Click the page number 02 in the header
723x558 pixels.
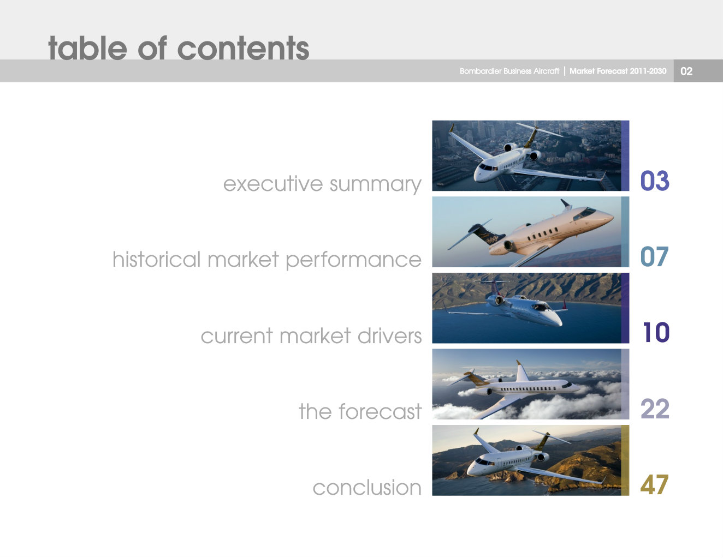coord(686,71)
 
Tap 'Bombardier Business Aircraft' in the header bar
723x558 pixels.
coord(509,71)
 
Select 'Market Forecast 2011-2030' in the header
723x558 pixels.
coord(618,71)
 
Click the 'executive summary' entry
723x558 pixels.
coord(322,184)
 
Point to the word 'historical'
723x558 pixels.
coord(156,259)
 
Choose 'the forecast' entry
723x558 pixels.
coord(360,411)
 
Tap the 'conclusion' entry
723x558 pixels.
coord(366,487)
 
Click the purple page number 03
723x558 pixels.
coord(654,181)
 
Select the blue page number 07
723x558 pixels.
coord(654,257)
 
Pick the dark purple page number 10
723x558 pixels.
coord(655,333)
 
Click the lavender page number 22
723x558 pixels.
coord(654,409)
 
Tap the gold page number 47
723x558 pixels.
coord(654,484)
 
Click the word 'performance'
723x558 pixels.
coord(353,260)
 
